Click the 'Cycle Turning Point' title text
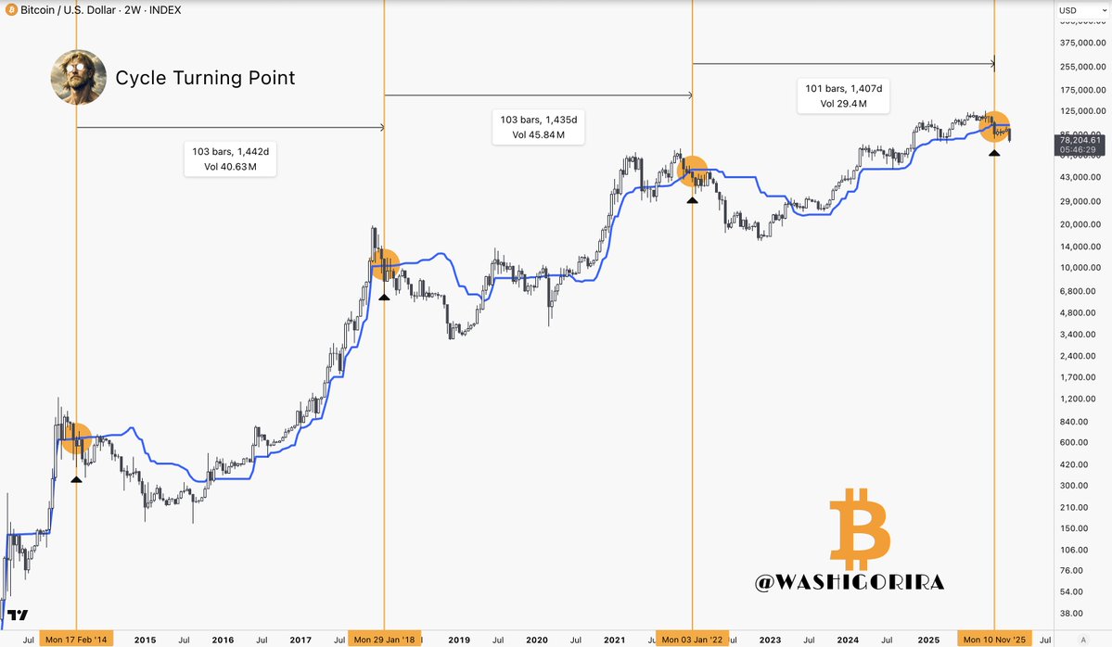pyautogui.click(x=205, y=78)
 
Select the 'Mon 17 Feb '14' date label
pyautogui.click(x=76, y=639)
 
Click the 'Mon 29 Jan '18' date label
pyautogui.click(x=384, y=639)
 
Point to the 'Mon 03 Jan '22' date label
pyautogui.click(x=693, y=639)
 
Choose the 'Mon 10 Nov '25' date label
pyautogui.click(x=994, y=639)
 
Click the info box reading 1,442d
pyautogui.click(x=230, y=159)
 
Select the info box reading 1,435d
pyautogui.click(x=539, y=127)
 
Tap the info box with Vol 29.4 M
pyautogui.click(x=843, y=95)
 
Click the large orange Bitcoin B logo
pyautogui.click(x=859, y=531)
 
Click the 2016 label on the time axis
pyautogui.click(x=223, y=639)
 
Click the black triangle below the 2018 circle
pyautogui.click(x=384, y=296)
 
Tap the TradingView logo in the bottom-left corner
pyautogui.click(x=18, y=615)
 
